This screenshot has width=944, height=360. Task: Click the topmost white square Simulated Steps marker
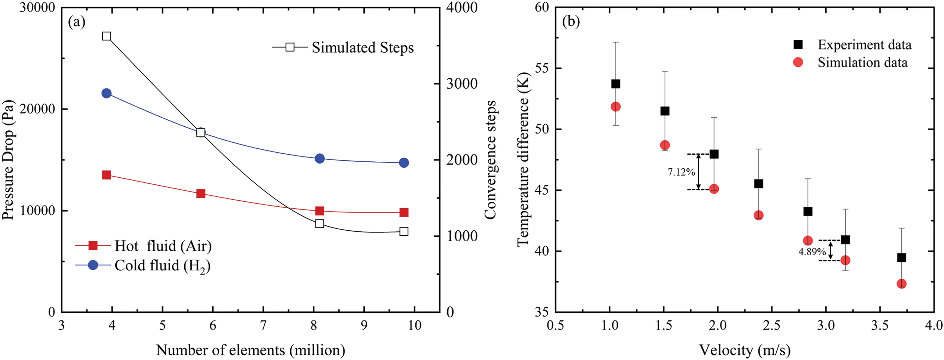[106, 36]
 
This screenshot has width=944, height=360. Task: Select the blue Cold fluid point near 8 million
[319, 158]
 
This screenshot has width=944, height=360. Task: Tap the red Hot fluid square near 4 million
[106, 175]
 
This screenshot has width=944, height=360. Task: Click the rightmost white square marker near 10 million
[404, 231]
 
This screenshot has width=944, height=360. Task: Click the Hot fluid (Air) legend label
[163, 246]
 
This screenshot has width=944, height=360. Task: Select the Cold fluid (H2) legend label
[162, 265]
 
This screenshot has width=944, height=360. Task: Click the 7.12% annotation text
[681, 172]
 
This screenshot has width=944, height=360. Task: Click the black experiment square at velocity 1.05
[616, 84]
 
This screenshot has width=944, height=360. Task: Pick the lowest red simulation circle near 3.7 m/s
[901, 283]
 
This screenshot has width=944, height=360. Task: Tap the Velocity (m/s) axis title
[744, 350]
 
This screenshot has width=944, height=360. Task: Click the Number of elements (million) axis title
[250, 350]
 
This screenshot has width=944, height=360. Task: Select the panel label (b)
[571, 22]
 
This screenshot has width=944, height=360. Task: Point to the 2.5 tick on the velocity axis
[771, 325]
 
